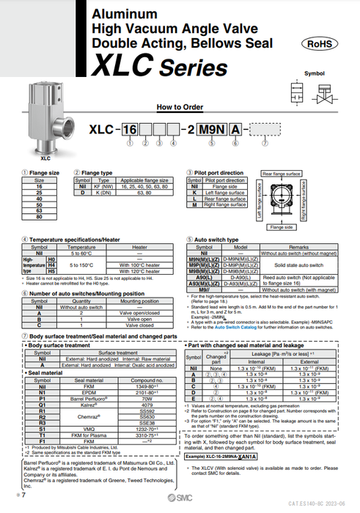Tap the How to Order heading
[x=180, y=106]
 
